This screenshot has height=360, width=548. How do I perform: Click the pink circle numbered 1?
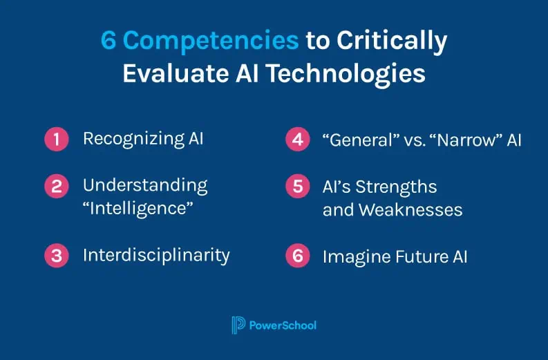57,139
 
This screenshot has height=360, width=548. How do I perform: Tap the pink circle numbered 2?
57,186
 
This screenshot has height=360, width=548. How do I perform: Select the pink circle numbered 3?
57,255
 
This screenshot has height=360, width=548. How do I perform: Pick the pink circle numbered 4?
297,140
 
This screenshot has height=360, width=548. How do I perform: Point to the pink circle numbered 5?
297,187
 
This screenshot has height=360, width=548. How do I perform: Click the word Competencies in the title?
211,41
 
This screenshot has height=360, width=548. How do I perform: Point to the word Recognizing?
133,139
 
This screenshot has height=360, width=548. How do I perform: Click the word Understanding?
144,185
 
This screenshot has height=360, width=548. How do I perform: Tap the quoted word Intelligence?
138,207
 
